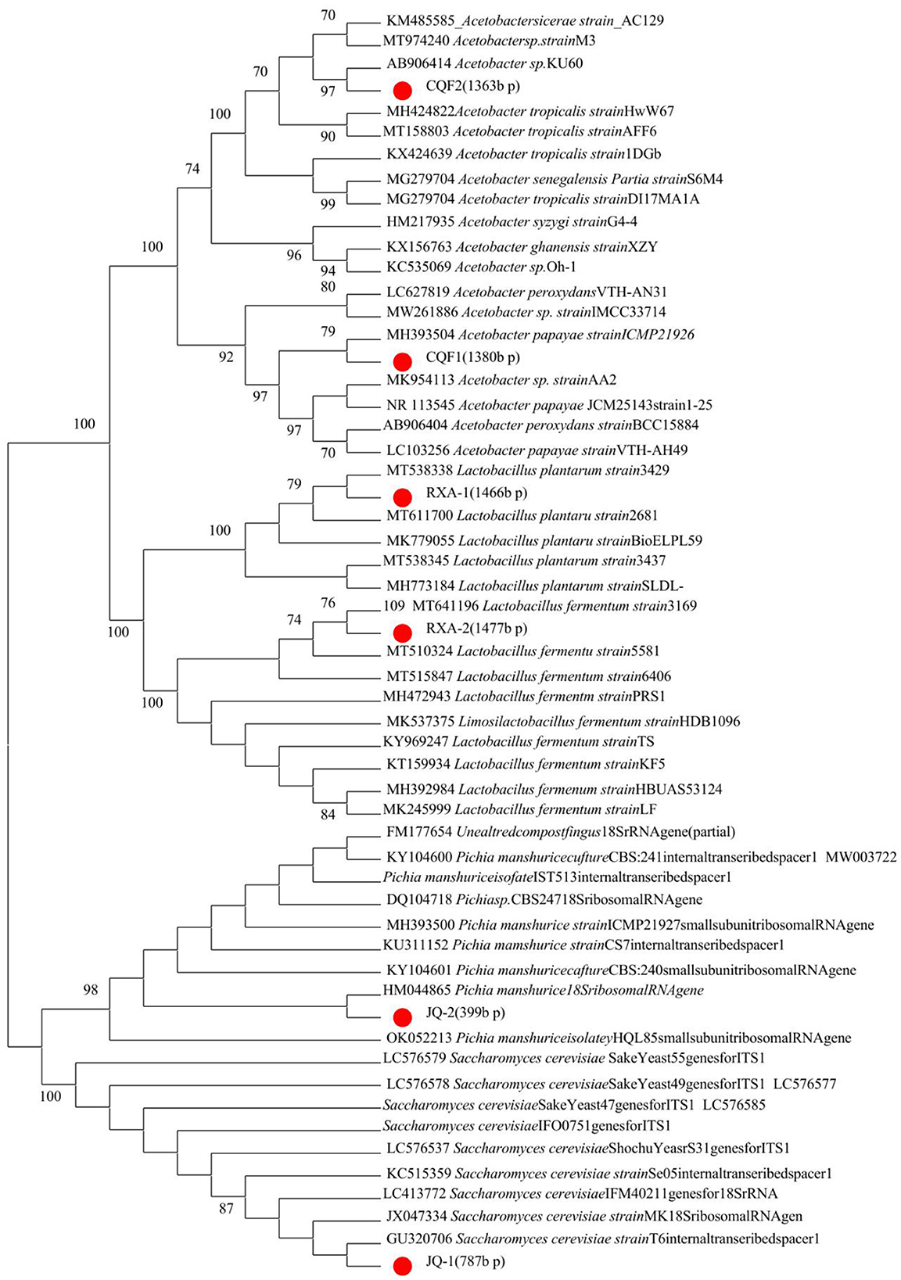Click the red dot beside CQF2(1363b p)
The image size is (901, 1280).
click(x=403, y=91)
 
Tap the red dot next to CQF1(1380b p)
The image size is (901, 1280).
click(x=403, y=361)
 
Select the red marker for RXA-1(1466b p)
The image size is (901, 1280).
click(x=403, y=497)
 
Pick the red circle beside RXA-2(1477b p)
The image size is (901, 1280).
click(x=403, y=633)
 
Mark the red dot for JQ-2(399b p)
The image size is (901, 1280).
click(x=403, y=1017)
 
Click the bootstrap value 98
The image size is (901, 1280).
click(x=91, y=990)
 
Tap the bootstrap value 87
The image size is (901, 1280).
click(x=226, y=1208)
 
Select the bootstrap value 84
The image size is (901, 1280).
click(x=328, y=815)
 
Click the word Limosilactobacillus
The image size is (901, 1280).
click(x=516, y=721)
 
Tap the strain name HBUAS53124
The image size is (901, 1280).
click(x=672, y=789)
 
